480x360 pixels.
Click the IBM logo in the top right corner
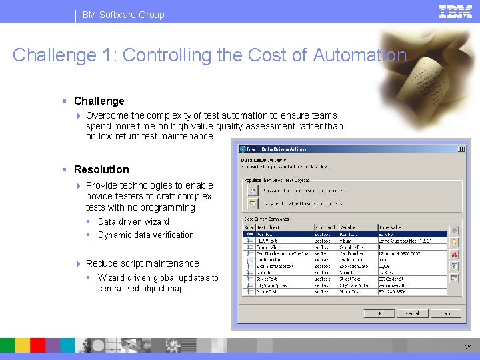click(x=455, y=11)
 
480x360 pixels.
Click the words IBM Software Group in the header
click(x=121, y=15)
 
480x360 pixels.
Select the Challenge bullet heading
click(x=99, y=101)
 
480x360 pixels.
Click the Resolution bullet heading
click(x=101, y=169)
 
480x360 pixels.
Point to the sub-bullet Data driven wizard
click(x=133, y=221)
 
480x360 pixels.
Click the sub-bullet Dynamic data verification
click(x=145, y=235)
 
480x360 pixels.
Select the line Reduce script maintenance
click(x=142, y=263)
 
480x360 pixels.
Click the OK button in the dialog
click(x=379, y=313)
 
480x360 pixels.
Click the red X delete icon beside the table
click(x=454, y=254)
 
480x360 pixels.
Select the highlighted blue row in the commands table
click(x=345, y=234)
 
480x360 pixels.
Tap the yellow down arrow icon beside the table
click(x=454, y=242)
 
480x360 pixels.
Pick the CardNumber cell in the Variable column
click(x=353, y=253)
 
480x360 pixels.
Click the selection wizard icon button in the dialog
click(x=253, y=202)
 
